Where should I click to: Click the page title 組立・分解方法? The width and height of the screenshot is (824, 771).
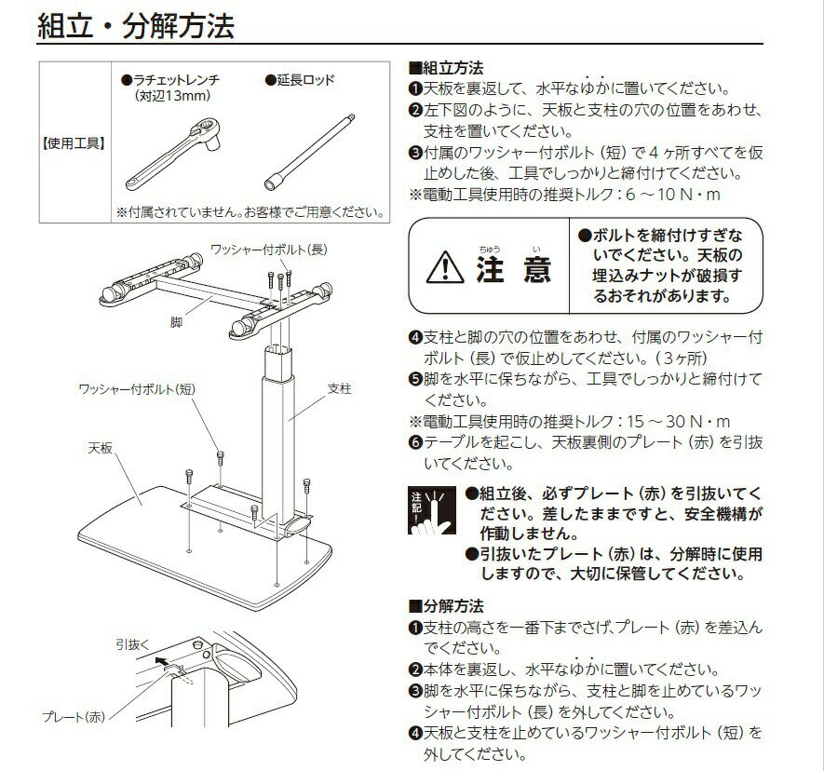136,25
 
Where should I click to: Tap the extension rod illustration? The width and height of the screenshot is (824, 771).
309,152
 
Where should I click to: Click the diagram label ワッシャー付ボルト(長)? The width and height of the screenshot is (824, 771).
268,250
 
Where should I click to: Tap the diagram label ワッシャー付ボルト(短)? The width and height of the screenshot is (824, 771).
137,389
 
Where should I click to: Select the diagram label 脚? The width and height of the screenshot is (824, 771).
176,321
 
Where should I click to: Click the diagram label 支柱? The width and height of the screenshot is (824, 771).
339,388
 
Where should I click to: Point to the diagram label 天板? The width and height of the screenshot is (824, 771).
101,448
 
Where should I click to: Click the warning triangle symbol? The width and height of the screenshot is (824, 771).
445,266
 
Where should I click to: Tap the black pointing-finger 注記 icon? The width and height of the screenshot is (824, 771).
432,510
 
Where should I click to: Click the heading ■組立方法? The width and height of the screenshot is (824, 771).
446,68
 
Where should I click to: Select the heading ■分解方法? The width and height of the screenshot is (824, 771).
446,606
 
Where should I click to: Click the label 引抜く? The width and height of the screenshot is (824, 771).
133,644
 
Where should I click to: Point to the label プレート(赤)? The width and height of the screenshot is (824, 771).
74,716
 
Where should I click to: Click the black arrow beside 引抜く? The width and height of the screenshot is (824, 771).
164,660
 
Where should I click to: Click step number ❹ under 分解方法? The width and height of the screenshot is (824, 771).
415,733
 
